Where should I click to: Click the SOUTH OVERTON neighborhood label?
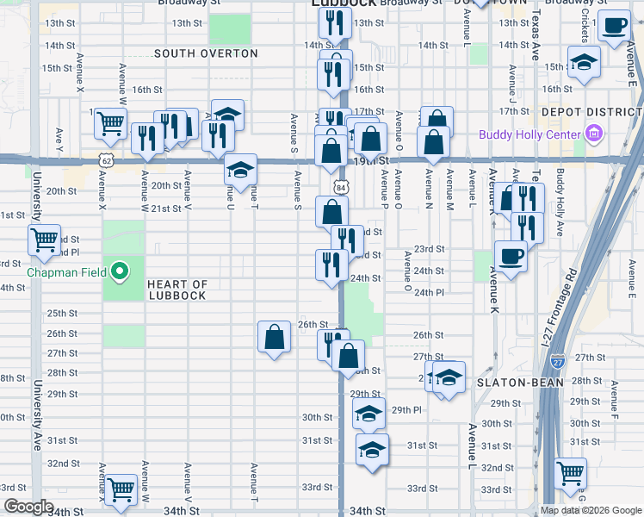(x=206, y=53)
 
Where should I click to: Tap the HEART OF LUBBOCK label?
(x=176, y=290)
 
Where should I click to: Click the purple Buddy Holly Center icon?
(x=592, y=134)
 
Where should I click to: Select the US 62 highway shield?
(x=106, y=160)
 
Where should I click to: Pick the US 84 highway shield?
(x=342, y=187)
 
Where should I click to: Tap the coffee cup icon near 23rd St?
(x=511, y=256)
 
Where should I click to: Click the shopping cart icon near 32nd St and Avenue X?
(x=121, y=489)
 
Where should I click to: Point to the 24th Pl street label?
(x=428, y=292)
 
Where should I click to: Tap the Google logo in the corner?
(x=28, y=507)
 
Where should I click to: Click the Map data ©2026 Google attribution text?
(x=591, y=510)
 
